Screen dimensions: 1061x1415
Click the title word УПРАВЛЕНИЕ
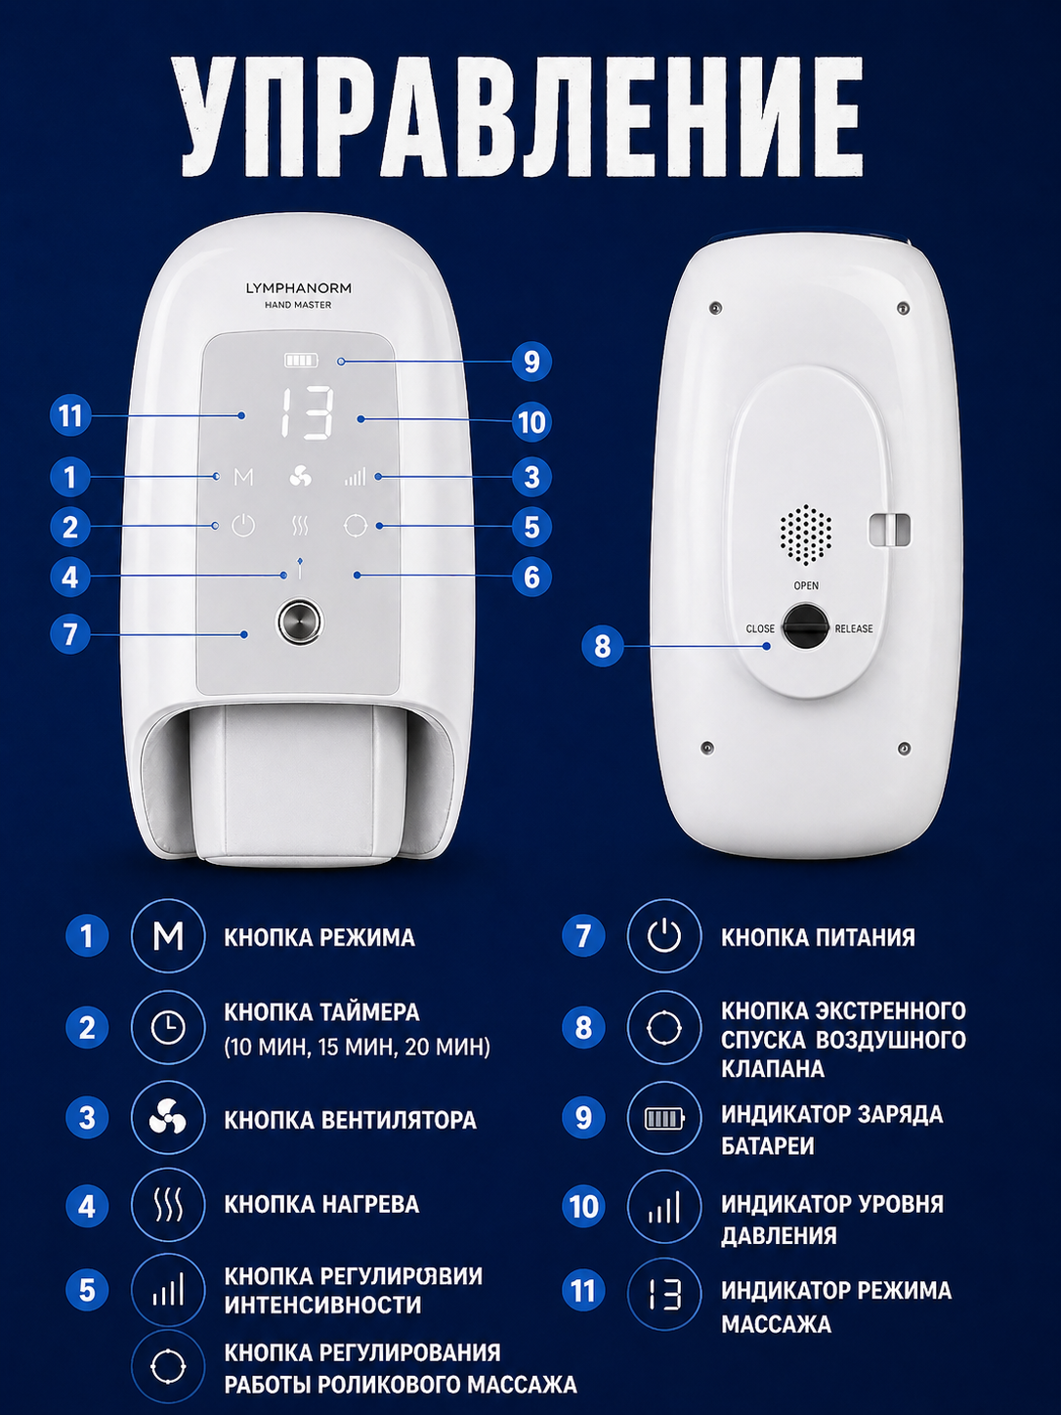[522, 116]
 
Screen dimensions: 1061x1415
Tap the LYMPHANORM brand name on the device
[298, 288]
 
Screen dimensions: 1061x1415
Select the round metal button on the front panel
[300, 622]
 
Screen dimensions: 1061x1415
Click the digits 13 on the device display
[308, 413]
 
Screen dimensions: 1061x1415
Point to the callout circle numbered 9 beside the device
[531, 361]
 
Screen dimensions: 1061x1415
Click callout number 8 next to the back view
[603, 645]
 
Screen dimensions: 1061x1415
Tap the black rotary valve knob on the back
[805, 626]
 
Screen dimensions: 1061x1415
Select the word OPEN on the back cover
[806, 585]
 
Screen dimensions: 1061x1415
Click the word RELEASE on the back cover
[854, 628]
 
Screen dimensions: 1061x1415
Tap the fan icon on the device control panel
[300, 477]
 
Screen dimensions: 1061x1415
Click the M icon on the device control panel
[243, 477]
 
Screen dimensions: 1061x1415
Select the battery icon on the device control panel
[302, 361]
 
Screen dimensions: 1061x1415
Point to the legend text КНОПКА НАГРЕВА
[321, 1204]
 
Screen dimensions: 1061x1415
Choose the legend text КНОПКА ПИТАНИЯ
[818, 937]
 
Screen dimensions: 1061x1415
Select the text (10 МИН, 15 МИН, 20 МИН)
[357, 1047]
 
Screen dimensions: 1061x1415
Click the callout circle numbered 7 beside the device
[70, 633]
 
